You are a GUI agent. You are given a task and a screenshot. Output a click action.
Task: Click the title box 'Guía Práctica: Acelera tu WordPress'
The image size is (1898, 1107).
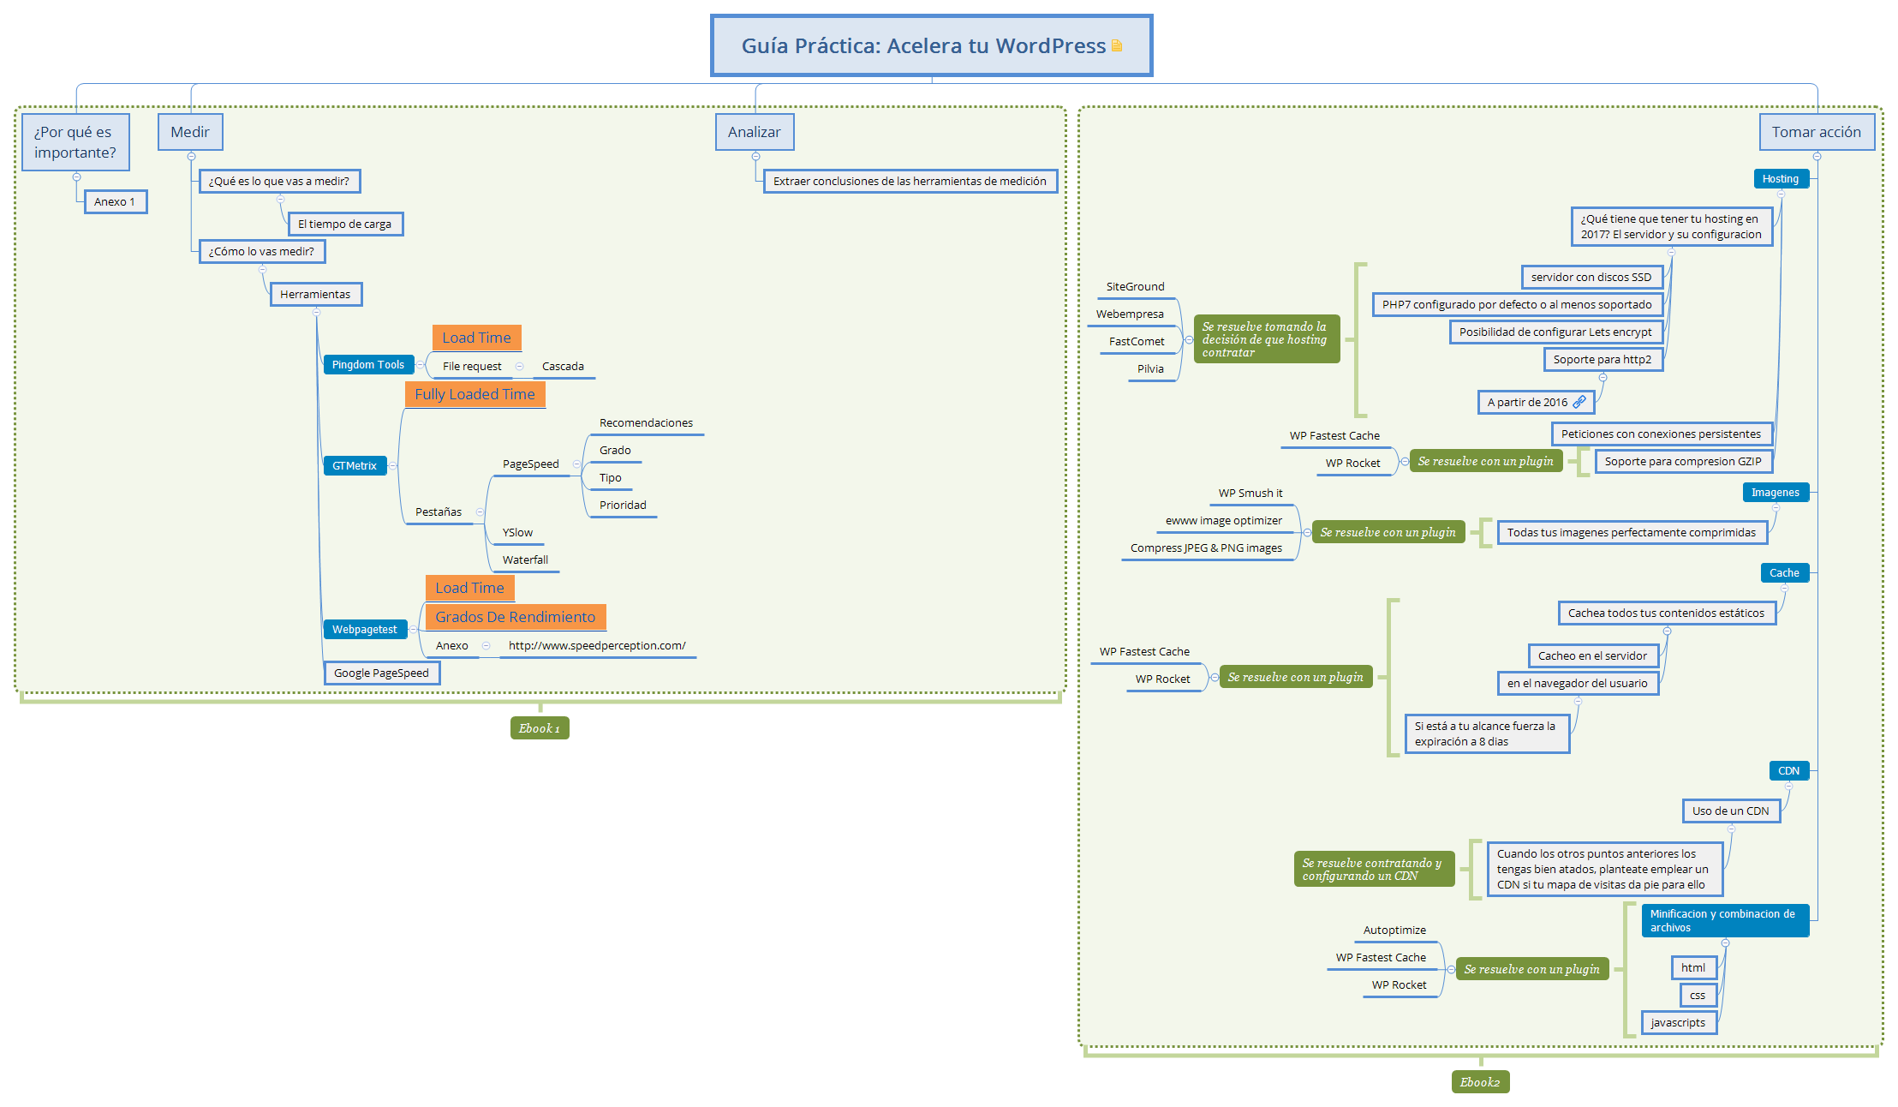[931, 45]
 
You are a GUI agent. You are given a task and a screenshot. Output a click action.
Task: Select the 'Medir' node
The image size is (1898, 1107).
[190, 132]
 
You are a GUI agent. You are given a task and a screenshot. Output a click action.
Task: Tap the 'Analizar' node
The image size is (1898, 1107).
[755, 132]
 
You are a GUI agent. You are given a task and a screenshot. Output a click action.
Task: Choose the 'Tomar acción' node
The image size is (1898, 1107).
[1817, 132]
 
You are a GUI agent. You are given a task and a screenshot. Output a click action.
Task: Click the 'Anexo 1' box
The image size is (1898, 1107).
[116, 201]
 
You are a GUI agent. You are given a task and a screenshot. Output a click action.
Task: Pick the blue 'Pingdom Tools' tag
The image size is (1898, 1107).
[368, 364]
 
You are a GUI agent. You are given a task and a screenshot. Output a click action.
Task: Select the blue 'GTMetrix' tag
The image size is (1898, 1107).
[355, 465]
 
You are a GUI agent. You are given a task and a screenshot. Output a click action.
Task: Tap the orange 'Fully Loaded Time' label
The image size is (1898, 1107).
[475, 394]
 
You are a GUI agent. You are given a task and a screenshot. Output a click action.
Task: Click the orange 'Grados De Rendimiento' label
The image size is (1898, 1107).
[516, 617]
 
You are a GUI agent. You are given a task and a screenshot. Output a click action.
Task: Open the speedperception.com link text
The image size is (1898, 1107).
[597, 645]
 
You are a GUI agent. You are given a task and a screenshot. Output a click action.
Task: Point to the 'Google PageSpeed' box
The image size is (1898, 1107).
[382, 673]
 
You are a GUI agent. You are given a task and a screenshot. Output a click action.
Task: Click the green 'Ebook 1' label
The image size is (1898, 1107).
[540, 727]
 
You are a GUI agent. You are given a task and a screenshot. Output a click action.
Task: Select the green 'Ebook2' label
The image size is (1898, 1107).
[1480, 1082]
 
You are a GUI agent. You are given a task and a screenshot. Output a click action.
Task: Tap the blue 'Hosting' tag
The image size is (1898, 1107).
[1781, 178]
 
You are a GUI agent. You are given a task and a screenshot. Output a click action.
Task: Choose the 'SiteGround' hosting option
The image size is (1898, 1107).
[1135, 286]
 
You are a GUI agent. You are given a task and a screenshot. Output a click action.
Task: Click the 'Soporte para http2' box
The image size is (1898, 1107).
[1603, 359]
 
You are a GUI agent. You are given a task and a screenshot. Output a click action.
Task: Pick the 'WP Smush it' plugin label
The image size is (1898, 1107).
[1250, 493]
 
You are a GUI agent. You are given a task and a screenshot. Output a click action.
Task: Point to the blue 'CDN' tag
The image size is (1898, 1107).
[1789, 770]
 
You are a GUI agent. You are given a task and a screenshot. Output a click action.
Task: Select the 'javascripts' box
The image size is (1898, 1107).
[1679, 1022]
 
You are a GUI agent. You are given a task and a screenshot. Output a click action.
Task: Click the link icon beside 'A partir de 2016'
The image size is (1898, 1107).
[1579, 402]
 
